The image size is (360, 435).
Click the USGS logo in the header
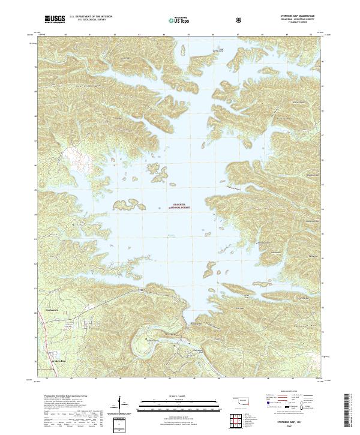pyautogui.click(x=55, y=20)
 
